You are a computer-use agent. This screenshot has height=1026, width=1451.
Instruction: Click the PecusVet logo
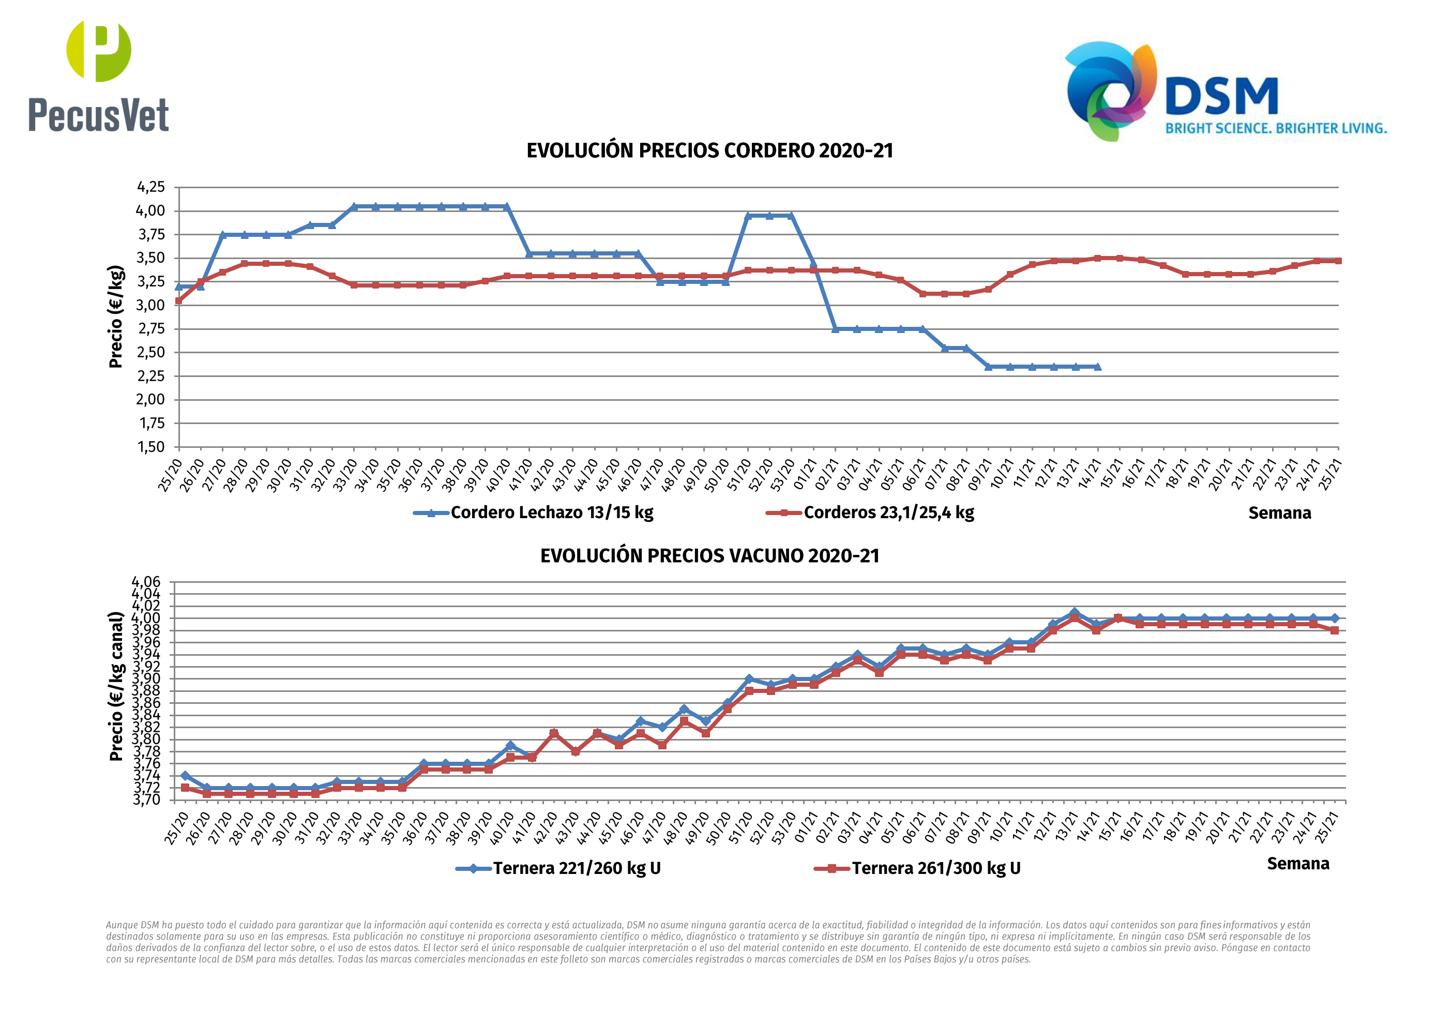coord(99,76)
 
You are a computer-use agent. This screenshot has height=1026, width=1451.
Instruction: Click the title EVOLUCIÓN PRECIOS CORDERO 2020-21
coord(709,151)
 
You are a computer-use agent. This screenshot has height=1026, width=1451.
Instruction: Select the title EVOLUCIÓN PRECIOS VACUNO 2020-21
coord(709,556)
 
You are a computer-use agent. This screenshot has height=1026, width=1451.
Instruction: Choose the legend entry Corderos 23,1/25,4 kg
coord(870,512)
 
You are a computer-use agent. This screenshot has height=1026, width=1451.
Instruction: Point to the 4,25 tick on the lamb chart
coord(151,187)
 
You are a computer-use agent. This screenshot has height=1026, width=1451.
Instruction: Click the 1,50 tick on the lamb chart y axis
coord(151,447)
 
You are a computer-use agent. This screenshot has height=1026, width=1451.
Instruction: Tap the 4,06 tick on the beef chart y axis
coord(146,582)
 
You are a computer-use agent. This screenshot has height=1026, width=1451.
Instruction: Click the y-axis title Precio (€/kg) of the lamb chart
coord(116,316)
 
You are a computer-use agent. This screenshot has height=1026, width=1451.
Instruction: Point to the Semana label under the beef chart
coord(1298,864)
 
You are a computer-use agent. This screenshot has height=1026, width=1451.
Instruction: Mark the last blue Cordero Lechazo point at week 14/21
coord(1097,367)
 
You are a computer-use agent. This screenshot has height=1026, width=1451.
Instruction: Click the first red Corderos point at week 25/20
coord(179,301)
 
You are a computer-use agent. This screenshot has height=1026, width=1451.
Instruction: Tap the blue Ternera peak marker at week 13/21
coord(1075,613)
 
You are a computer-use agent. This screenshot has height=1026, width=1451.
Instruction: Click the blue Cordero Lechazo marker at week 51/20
coord(748,216)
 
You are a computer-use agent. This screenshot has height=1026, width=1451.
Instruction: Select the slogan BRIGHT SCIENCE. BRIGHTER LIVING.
coord(1276,128)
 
